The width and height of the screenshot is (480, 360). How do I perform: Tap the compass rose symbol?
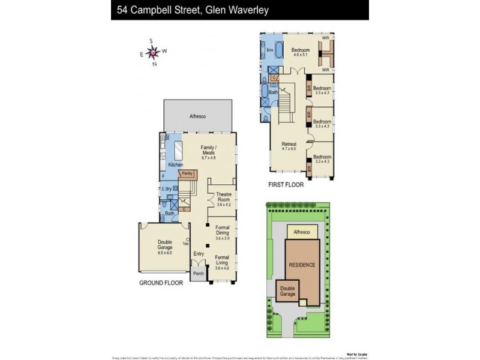click(x=153, y=53)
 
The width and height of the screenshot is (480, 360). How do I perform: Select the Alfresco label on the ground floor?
click(x=198, y=116)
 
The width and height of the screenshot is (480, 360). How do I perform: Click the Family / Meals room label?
click(x=208, y=150)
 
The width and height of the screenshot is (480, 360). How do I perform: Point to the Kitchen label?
click(x=175, y=164)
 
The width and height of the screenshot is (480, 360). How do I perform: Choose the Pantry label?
click(x=188, y=173)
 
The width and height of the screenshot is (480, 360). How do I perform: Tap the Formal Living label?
click(x=223, y=262)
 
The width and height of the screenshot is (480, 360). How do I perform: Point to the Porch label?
click(x=198, y=274)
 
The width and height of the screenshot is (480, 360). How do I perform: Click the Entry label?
click(x=199, y=254)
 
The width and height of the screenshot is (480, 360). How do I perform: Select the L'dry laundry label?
click(x=167, y=190)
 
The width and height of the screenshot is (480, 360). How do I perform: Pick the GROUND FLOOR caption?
click(x=161, y=282)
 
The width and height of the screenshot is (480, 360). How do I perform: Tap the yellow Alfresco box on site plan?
click(x=301, y=231)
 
